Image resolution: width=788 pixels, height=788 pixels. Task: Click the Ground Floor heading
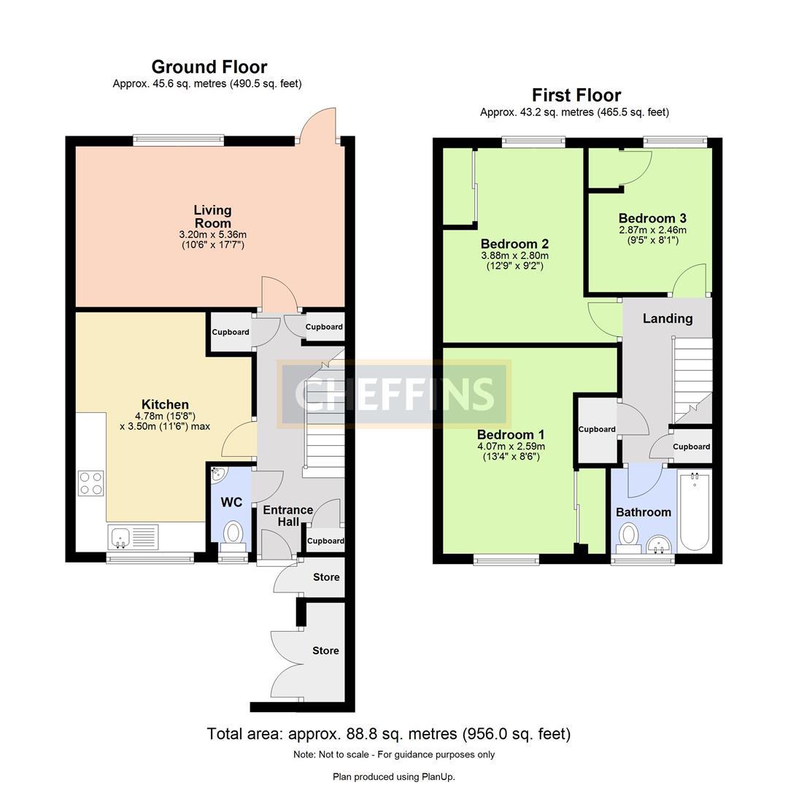coord(209,67)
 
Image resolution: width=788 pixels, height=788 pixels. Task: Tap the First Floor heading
coord(576,95)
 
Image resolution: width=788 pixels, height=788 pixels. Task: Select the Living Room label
coord(212,217)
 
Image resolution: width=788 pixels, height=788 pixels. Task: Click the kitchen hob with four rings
coord(91,483)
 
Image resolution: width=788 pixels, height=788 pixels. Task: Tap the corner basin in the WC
coord(218,475)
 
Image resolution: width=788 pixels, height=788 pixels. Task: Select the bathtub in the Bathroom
coord(694,512)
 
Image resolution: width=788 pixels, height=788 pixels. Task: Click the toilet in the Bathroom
coord(628,537)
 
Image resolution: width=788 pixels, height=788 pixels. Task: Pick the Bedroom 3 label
coord(652,218)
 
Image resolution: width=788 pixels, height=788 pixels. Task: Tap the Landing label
coord(667,318)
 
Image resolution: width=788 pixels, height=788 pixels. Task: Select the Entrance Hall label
coord(287,515)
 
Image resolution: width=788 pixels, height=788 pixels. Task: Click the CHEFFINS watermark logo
coord(394,394)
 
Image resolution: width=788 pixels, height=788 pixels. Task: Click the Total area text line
coord(388,733)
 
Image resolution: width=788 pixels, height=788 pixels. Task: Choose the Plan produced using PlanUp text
coord(393,776)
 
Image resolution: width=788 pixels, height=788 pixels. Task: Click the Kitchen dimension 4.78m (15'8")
coord(164,416)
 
